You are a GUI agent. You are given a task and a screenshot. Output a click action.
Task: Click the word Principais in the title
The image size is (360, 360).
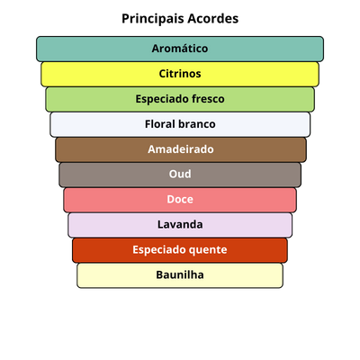(x=153, y=19)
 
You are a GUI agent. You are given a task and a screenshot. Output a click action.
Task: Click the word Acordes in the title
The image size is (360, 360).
(x=213, y=19)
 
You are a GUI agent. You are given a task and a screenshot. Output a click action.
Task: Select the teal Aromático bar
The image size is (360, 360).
(x=180, y=49)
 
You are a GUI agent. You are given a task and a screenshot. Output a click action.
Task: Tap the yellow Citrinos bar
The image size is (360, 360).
(x=180, y=74)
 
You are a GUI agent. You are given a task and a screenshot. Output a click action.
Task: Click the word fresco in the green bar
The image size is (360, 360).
(x=208, y=99)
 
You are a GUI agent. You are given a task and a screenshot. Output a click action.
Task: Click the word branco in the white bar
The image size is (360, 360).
(x=197, y=124)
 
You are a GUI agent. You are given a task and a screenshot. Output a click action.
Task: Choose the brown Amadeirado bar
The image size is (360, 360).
(x=181, y=149)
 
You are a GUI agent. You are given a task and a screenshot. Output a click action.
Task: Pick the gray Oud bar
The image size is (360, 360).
(x=180, y=175)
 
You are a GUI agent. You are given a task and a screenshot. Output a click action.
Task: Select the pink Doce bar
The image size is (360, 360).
(x=180, y=200)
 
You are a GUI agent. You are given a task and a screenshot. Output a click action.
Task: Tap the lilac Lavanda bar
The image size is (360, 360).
(x=180, y=225)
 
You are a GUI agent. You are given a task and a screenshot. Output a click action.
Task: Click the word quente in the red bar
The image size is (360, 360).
(x=209, y=250)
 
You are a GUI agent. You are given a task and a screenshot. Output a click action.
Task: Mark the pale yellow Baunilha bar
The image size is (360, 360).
(x=180, y=275)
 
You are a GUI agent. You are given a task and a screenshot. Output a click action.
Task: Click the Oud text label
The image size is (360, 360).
(x=180, y=174)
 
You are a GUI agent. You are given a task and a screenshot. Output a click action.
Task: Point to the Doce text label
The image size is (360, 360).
(x=180, y=199)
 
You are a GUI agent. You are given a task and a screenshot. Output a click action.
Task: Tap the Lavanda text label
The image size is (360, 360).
(x=180, y=224)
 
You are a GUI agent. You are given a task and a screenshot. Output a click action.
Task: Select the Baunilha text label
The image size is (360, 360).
(x=180, y=274)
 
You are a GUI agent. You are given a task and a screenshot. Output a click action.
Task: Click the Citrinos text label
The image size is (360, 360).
(x=180, y=74)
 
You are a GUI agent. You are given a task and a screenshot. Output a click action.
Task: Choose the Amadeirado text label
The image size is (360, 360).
(x=181, y=149)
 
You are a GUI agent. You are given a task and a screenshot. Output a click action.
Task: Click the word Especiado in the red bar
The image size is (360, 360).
(x=160, y=250)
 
